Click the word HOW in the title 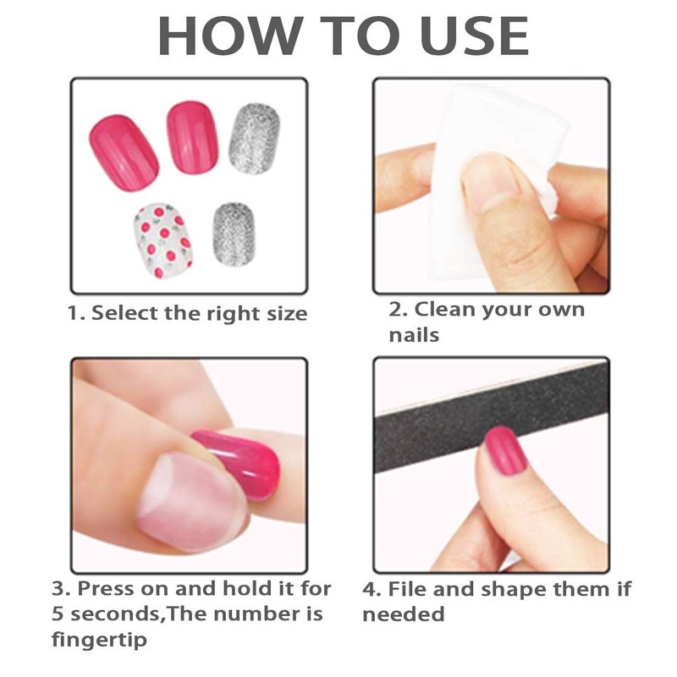[x=230, y=36]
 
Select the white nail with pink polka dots [x=162, y=240]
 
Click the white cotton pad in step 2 [x=497, y=181]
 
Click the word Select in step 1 [x=125, y=312]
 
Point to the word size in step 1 [x=287, y=313]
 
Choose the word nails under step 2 [x=414, y=334]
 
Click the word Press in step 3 [x=105, y=588]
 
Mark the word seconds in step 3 [x=116, y=614]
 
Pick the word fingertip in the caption [x=99, y=640]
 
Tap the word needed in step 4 [x=404, y=614]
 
